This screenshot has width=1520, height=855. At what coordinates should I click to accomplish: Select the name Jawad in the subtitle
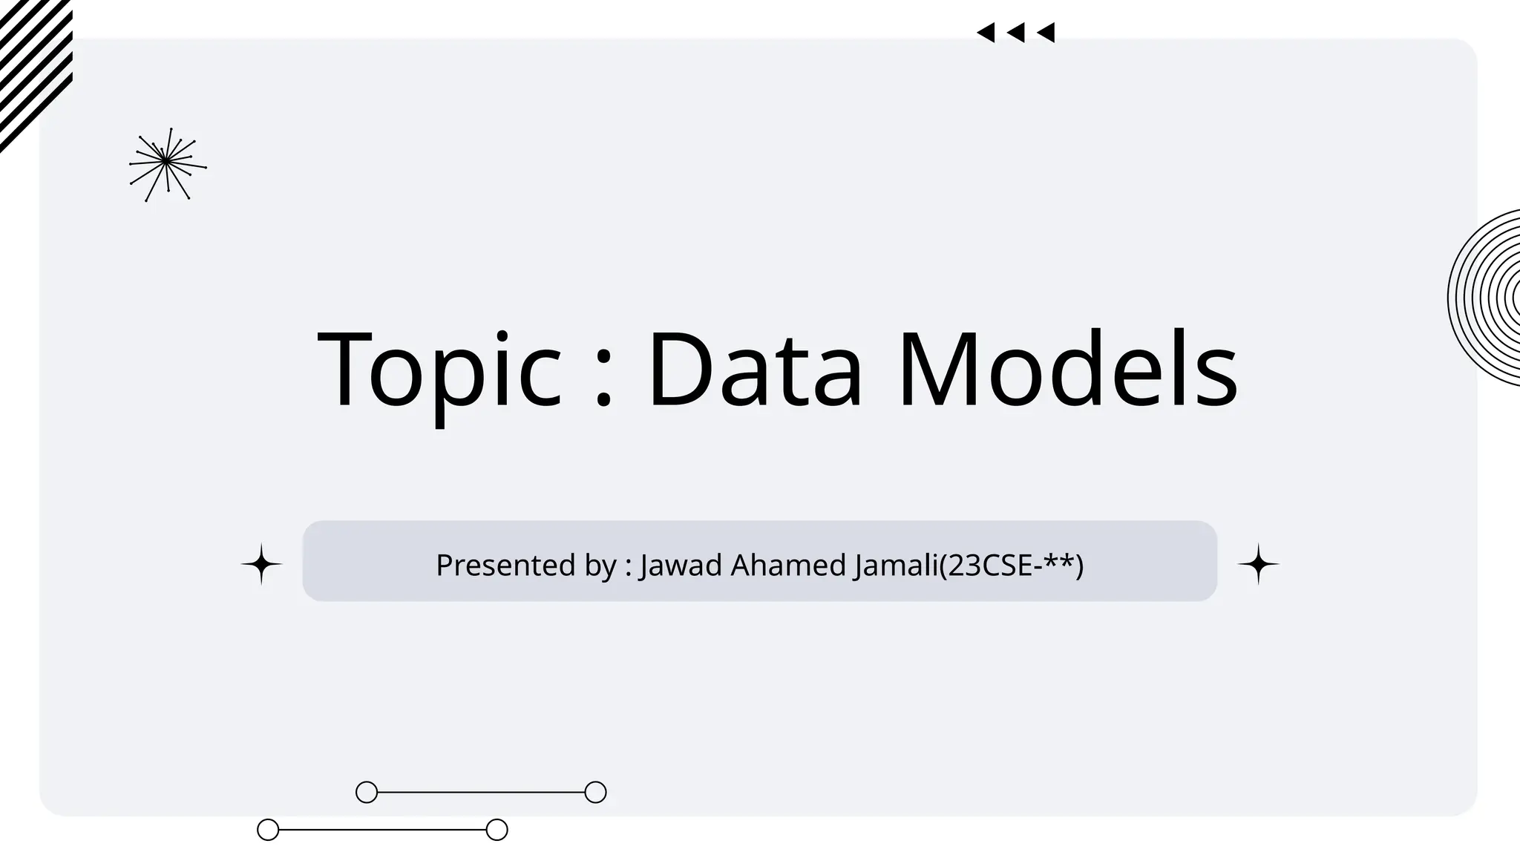[x=681, y=566]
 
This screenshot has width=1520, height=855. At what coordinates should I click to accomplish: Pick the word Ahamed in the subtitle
[x=788, y=566]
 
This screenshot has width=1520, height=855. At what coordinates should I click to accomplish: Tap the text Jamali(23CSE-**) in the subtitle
[x=968, y=566]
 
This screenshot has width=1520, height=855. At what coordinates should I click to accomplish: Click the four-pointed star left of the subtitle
[x=261, y=565]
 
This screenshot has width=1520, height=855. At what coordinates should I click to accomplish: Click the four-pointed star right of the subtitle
[x=1258, y=565]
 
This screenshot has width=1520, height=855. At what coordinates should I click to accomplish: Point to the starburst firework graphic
[x=167, y=163]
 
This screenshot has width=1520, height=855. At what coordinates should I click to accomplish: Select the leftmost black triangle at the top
[x=986, y=33]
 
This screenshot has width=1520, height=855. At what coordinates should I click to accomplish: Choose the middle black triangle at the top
[x=1016, y=33]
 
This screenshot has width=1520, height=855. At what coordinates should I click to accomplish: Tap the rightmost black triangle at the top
[x=1046, y=33]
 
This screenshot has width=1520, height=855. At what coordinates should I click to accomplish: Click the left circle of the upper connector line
[x=367, y=792]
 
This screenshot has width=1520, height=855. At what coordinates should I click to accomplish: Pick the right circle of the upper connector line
[x=595, y=792]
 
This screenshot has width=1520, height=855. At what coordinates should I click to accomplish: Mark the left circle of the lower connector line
[x=268, y=830]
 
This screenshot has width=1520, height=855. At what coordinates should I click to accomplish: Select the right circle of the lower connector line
[x=497, y=830]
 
